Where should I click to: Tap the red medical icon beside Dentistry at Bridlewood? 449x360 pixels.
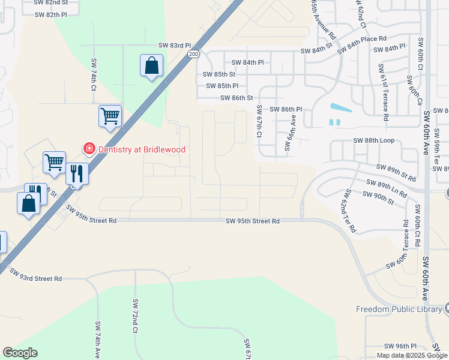click(x=89, y=148)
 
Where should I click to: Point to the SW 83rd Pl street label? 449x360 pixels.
click(x=174, y=46)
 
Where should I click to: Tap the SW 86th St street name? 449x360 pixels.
click(x=237, y=98)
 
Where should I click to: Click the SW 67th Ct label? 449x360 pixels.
click(x=259, y=122)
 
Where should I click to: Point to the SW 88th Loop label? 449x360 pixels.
click(x=373, y=140)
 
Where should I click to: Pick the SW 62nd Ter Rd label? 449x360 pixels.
click(x=349, y=211)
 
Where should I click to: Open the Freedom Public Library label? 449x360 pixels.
click(x=398, y=310)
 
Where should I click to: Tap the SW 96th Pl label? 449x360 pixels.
click(x=402, y=346)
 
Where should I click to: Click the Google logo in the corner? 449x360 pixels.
click(x=20, y=353)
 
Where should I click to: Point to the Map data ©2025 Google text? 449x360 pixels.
click(x=412, y=355)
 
